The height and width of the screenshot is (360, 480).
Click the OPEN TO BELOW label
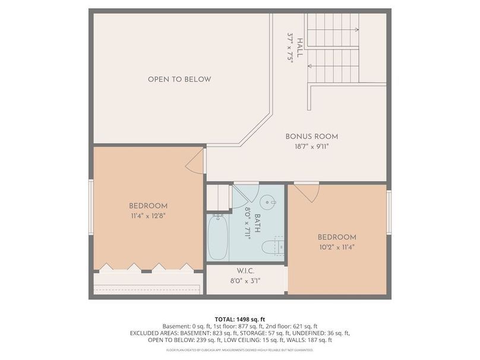point(179,79)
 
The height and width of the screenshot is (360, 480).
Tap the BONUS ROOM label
point(312,137)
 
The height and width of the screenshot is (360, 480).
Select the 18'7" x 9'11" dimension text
point(312,147)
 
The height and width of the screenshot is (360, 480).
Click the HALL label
point(299,48)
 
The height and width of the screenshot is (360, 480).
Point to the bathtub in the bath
point(218,237)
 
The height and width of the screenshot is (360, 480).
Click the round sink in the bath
point(268,202)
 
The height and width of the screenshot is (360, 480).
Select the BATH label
point(257,223)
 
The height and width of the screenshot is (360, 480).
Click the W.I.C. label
point(245,271)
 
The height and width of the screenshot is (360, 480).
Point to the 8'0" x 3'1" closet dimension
point(245,281)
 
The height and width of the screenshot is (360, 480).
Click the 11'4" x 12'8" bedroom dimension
point(148,216)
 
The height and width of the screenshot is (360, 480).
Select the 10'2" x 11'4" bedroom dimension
point(337,247)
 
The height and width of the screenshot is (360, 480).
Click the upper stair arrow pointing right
point(333,30)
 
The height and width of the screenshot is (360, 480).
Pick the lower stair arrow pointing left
point(333,66)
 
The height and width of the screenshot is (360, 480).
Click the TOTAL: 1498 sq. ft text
point(240,320)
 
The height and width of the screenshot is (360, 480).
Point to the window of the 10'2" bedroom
point(389,212)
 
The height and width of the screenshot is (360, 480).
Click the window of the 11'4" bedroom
point(91,207)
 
